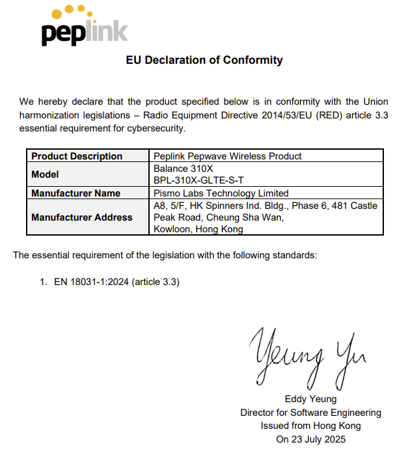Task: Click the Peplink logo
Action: point(85,27)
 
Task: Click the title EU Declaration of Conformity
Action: point(204,61)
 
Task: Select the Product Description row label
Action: point(77,156)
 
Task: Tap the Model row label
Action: point(45,174)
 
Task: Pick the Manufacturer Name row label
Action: point(75,193)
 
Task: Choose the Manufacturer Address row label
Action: point(81,217)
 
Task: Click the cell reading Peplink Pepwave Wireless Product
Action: point(228,156)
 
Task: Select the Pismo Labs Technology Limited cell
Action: point(221,193)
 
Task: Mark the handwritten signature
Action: point(305,355)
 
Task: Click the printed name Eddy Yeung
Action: point(310,399)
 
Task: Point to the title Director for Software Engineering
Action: point(310,413)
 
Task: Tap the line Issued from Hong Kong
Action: point(310,426)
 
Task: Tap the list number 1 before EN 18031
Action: point(43,282)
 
